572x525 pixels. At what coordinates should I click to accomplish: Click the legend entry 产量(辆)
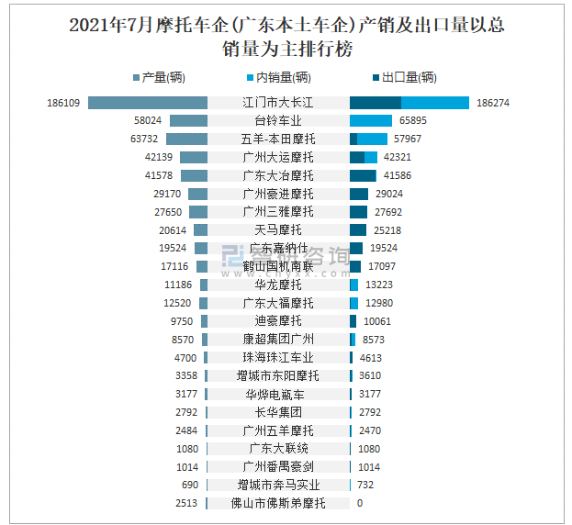(164, 77)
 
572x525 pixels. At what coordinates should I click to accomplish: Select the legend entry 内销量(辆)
(283, 77)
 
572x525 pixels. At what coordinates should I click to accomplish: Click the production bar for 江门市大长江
(148, 103)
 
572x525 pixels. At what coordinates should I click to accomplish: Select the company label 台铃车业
(278, 121)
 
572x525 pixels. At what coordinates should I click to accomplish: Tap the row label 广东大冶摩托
(278, 175)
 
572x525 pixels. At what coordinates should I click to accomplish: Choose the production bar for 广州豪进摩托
(197, 194)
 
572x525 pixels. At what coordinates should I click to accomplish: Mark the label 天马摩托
(278, 230)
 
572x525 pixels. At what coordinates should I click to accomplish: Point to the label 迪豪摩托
(278, 321)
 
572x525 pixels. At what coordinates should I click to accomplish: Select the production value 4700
(185, 358)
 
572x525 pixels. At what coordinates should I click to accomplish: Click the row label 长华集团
(278, 412)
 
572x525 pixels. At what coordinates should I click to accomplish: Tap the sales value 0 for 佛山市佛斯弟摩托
(360, 503)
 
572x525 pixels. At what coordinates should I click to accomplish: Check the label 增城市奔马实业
(278, 485)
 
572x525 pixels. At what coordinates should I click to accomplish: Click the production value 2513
(185, 503)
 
